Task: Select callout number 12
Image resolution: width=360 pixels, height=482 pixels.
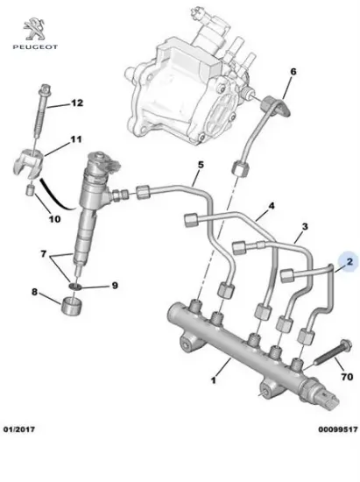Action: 76,103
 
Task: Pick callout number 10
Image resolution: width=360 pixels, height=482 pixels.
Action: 54,218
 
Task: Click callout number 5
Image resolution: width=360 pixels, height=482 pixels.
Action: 200,164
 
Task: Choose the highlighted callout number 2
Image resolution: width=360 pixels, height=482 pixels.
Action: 349,261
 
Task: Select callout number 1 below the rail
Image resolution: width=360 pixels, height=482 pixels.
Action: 211,381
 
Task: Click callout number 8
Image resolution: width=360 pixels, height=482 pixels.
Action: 34,292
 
